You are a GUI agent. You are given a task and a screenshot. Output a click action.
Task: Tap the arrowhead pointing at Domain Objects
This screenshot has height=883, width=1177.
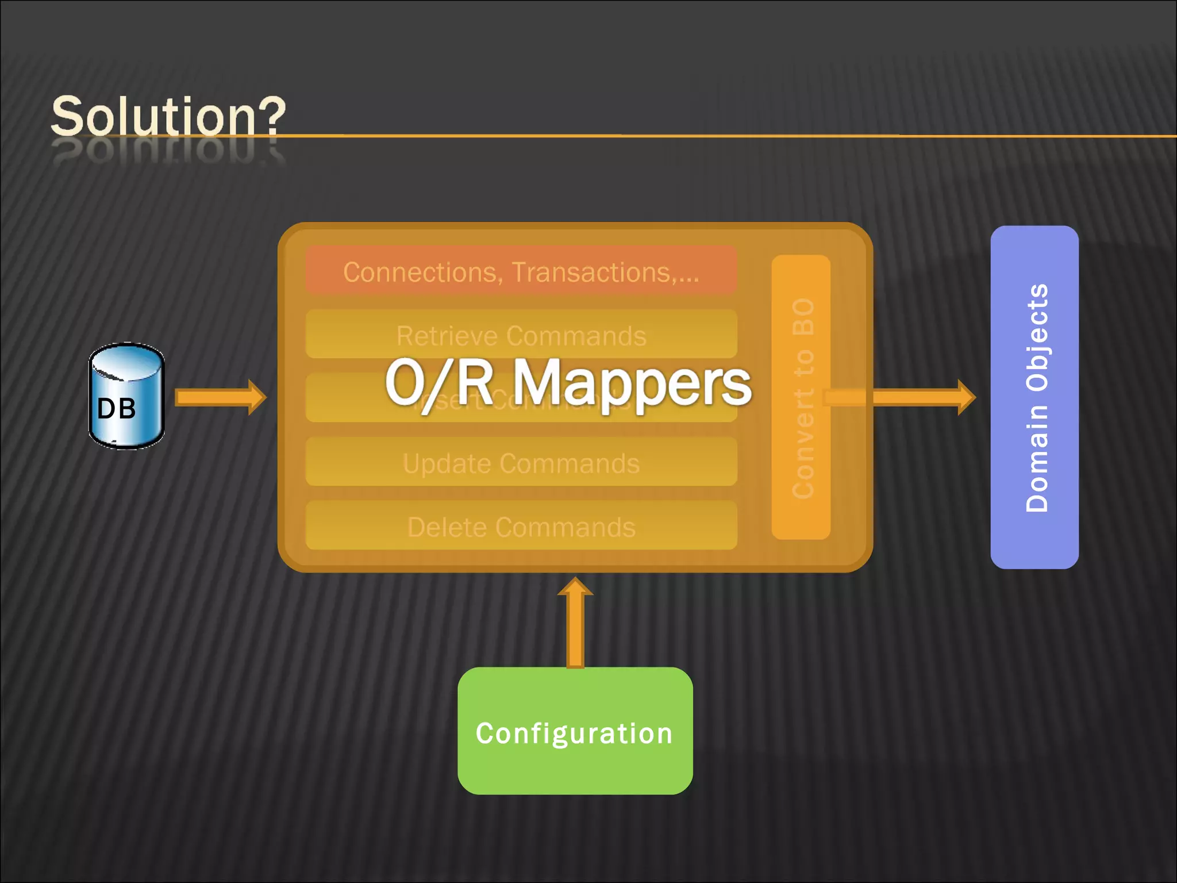click(x=966, y=397)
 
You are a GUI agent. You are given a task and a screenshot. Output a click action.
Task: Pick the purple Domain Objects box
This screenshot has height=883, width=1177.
click(x=1034, y=397)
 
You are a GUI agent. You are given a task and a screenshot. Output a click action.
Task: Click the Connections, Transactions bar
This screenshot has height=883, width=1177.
click(x=521, y=271)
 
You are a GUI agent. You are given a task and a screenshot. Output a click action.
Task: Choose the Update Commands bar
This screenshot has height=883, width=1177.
click(x=521, y=462)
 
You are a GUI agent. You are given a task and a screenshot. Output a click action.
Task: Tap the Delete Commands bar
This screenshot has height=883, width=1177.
click(x=521, y=526)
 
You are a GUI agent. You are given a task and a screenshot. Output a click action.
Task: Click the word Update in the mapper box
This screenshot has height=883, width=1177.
click(x=439, y=463)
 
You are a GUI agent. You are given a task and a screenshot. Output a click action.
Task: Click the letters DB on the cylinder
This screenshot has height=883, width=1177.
click(x=117, y=409)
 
